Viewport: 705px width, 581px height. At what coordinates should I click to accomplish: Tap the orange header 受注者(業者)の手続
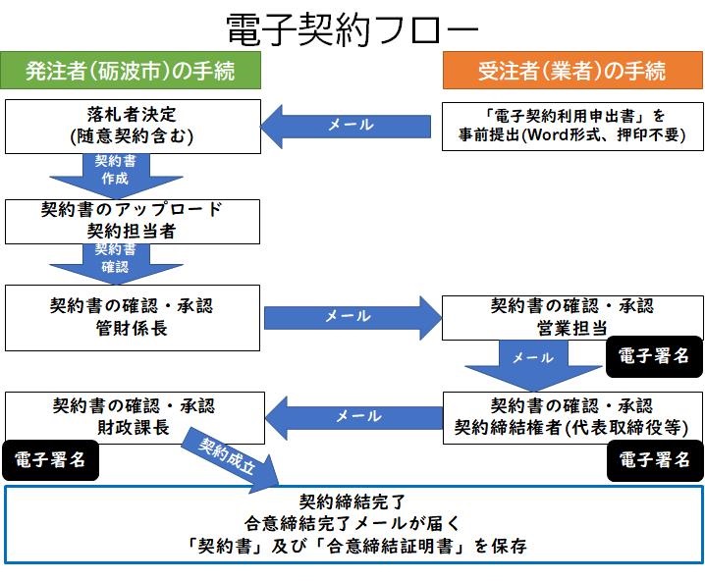tap(572, 71)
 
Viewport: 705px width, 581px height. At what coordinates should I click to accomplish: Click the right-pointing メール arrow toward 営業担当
tap(352, 316)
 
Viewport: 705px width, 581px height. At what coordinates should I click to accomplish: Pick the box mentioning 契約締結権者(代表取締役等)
tap(572, 415)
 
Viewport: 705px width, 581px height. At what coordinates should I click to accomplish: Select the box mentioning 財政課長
tap(134, 415)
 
